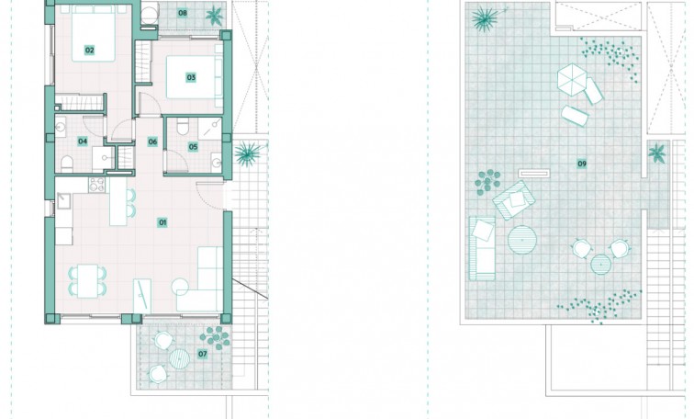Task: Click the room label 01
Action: tap(162, 222)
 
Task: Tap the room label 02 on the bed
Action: tap(89, 50)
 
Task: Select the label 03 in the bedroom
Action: tap(191, 77)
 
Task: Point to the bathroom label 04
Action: tap(83, 142)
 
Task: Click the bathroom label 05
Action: tap(193, 147)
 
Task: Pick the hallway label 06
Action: tap(152, 142)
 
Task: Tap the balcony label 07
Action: tap(202, 354)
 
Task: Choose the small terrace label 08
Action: tap(183, 13)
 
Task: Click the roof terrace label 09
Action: tap(582, 164)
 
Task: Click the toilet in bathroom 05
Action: tap(183, 127)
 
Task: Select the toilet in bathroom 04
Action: tap(67, 164)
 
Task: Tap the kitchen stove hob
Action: tap(96, 185)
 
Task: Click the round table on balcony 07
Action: tap(179, 359)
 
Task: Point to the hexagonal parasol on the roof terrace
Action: tap(572, 79)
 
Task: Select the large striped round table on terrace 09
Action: tap(522, 240)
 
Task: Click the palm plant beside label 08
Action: tap(214, 16)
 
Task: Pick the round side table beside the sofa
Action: tap(180, 286)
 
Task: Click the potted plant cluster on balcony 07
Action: tap(215, 337)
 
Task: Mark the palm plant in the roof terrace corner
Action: tap(485, 18)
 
